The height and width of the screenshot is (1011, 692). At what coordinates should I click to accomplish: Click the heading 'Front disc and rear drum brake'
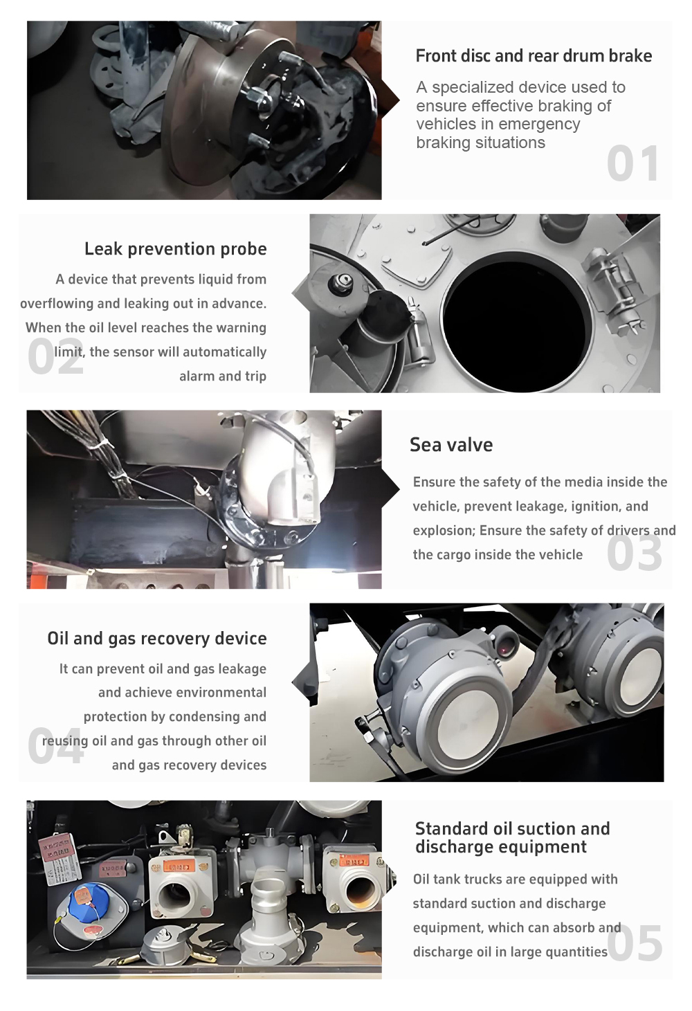(534, 56)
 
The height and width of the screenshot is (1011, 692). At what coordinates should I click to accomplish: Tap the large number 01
(632, 163)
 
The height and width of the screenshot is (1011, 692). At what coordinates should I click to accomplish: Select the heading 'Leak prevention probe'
(176, 249)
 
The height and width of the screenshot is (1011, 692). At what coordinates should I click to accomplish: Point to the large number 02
(55, 356)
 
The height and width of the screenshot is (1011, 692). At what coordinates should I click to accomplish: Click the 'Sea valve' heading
(451, 445)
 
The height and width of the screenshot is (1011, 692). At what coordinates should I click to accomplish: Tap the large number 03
(635, 553)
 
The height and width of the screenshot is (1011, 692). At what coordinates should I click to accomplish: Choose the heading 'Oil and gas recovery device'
(157, 639)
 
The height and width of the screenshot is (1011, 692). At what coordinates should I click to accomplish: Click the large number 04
(55, 746)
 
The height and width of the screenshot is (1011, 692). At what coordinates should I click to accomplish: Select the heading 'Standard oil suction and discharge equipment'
(512, 838)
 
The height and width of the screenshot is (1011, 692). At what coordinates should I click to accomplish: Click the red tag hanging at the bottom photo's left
(57, 848)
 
